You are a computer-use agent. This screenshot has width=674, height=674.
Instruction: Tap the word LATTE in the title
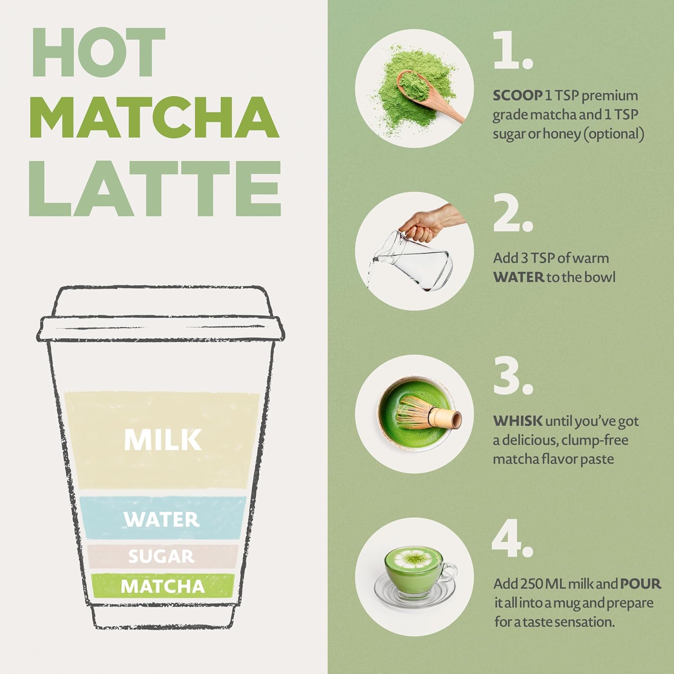[x=155, y=189]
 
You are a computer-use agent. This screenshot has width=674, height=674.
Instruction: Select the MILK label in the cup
[x=163, y=439]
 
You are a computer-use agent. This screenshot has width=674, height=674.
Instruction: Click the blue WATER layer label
[x=162, y=519]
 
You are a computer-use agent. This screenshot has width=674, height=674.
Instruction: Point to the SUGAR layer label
[x=161, y=556]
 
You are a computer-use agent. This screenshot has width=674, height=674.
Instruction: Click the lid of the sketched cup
[x=161, y=315]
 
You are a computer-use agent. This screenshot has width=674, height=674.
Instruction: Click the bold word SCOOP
[x=517, y=96]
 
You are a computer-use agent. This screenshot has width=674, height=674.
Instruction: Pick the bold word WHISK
[x=518, y=421]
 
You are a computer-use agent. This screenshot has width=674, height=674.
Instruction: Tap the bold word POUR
[x=640, y=584]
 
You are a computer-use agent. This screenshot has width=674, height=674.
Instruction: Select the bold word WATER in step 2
[x=519, y=277]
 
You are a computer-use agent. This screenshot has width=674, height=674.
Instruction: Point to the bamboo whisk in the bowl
[x=427, y=413]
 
